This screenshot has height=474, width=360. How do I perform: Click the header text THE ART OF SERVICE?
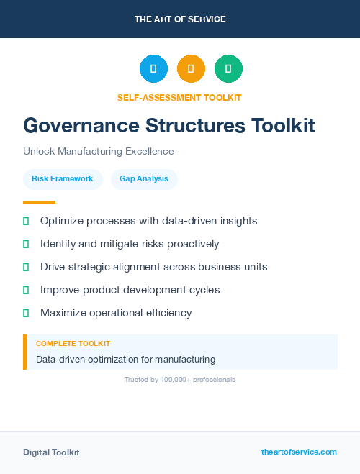[x=180, y=19]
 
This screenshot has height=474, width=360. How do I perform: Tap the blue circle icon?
[x=153, y=69]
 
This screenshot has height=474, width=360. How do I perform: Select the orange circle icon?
[x=191, y=69]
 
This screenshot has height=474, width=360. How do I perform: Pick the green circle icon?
[x=228, y=69]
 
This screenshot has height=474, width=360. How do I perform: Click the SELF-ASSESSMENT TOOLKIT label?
[x=180, y=97]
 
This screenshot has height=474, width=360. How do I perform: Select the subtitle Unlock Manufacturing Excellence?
[x=99, y=152]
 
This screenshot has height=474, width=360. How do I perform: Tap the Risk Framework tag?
[x=63, y=179]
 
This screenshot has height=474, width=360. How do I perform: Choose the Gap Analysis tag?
[x=144, y=179]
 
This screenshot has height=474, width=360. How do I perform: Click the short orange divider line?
[x=39, y=202]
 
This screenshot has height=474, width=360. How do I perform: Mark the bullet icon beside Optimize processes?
[x=26, y=221]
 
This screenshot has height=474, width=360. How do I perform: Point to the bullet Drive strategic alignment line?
[x=153, y=267]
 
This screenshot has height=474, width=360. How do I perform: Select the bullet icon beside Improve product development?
[x=26, y=290]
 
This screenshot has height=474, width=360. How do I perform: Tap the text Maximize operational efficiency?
[x=116, y=313]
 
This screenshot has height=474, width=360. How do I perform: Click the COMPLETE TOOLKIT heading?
[x=73, y=344]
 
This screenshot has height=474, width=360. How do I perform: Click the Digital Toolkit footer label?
[x=51, y=452]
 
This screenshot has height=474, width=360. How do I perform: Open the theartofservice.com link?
[x=299, y=452]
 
